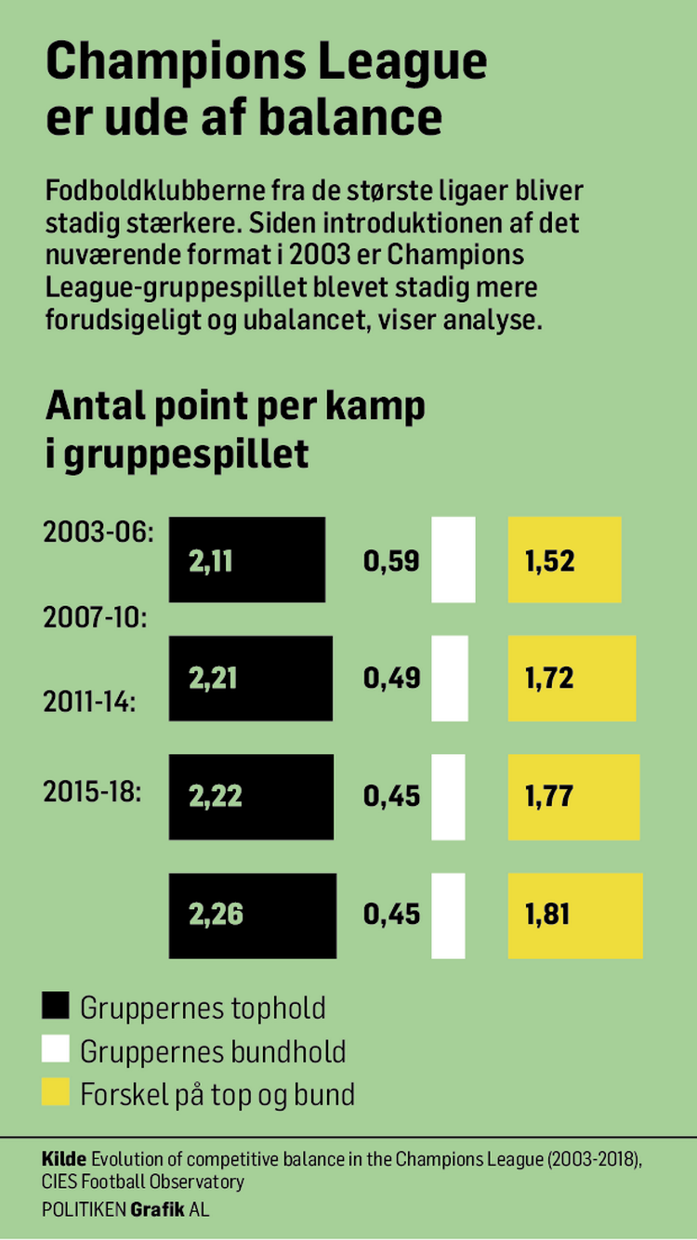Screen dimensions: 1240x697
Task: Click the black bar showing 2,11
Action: tap(247, 560)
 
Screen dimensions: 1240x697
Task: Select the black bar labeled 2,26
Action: tap(252, 915)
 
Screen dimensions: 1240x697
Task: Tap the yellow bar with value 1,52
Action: tap(564, 560)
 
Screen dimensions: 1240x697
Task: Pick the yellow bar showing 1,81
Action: tap(575, 915)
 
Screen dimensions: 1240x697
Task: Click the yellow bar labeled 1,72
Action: tap(572, 679)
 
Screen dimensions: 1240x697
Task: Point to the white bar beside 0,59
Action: tap(453, 560)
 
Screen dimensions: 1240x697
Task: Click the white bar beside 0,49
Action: tap(450, 679)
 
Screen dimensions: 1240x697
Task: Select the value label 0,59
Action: tap(391, 561)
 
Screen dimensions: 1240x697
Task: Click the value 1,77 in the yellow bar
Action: tap(549, 797)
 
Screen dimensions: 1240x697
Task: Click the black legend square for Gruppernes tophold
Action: tap(57, 1007)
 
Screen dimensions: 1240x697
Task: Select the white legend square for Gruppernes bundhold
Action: tap(57, 1050)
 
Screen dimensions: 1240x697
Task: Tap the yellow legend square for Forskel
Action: tap(57, 1093)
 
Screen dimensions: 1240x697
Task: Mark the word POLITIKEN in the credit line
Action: tap(84, 1209)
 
